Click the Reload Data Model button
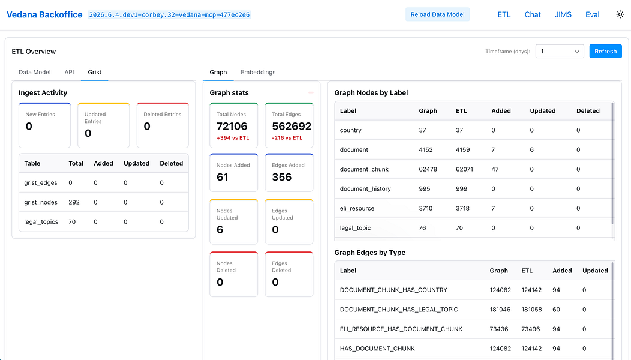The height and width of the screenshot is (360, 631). pos(437,14)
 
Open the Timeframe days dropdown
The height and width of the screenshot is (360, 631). pos(560,51)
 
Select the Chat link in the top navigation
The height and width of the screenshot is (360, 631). pos(533,14)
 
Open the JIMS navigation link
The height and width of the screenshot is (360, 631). pos(563,14)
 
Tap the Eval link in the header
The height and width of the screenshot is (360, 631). pos(593,14)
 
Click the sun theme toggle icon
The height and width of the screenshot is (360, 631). pos(620,14)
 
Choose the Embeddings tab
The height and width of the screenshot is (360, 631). pos(258,72)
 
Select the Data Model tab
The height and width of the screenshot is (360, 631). pos(35,72)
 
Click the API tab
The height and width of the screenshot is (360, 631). pos(69,72)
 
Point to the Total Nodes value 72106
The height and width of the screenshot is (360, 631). pos(232,127)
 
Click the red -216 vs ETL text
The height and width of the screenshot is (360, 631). pos(287,138)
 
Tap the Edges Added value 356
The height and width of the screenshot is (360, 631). pos(282,177)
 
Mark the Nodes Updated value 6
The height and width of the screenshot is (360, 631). pos(220,230)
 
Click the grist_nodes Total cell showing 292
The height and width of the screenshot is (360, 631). pos(74,202)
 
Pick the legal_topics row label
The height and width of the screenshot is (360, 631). pos(41,222)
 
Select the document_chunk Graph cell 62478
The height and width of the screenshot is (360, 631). pos(428,169)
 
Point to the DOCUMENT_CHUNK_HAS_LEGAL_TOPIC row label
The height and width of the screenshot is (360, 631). pos(399,310)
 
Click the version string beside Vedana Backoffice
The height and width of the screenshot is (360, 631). pos(169,15)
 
